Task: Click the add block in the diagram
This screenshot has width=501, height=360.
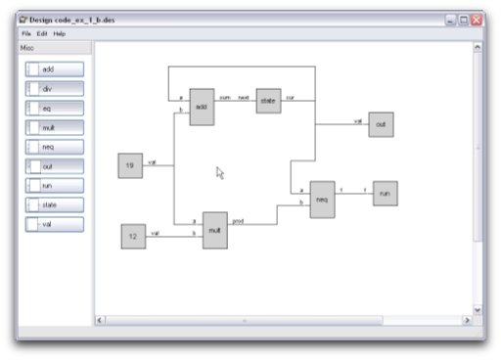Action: tap(202, 107)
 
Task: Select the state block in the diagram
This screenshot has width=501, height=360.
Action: tap(269, 100)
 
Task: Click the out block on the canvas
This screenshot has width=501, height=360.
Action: tap(381, 124)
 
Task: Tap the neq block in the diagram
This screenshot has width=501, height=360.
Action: tap(322, 200)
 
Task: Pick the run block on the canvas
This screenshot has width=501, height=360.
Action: tap(385, 193)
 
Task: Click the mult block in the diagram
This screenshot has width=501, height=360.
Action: tap(215, 231)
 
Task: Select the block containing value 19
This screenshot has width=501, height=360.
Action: tap(130, 166)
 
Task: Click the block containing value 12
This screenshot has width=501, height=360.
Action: tap(133, 236)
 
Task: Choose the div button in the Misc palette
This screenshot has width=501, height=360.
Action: tap(55, 89)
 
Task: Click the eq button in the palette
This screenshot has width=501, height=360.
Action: tap(55, 108)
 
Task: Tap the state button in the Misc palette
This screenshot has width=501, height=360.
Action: tap(55, 204)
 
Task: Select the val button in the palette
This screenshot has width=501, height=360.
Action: tap(55, 224)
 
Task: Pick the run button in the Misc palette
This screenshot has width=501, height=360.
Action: tap(55, 185)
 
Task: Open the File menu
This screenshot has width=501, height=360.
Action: tap(26, 33)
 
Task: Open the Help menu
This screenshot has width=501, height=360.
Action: tap(60, 33)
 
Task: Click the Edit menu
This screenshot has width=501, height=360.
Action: tap(42, 33)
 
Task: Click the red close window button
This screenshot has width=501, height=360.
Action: tap(477, 19)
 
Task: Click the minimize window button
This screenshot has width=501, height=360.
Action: tap(451, 19)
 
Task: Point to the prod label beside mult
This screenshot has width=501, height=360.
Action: tap(238, 222)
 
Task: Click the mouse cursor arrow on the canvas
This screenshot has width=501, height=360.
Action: tap(220, 173)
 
